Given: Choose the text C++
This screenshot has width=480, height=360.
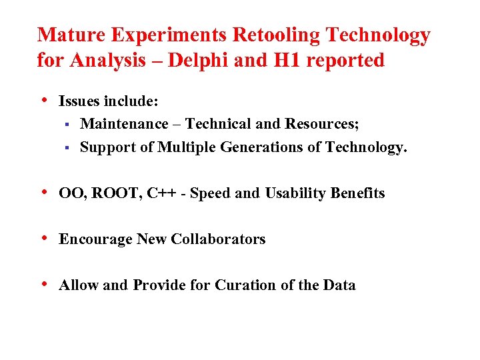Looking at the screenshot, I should [x=162, y=193].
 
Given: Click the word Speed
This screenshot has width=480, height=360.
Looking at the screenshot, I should [x=211, y=194].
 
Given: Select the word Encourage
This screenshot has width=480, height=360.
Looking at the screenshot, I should [x=95, y=239].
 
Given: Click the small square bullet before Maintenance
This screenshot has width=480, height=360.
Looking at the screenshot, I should [x=68, y=124].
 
